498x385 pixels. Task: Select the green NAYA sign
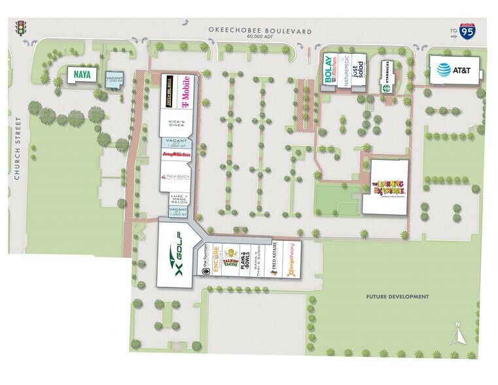click(x=82, y=75)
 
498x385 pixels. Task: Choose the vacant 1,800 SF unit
click(x=177, y=143)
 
